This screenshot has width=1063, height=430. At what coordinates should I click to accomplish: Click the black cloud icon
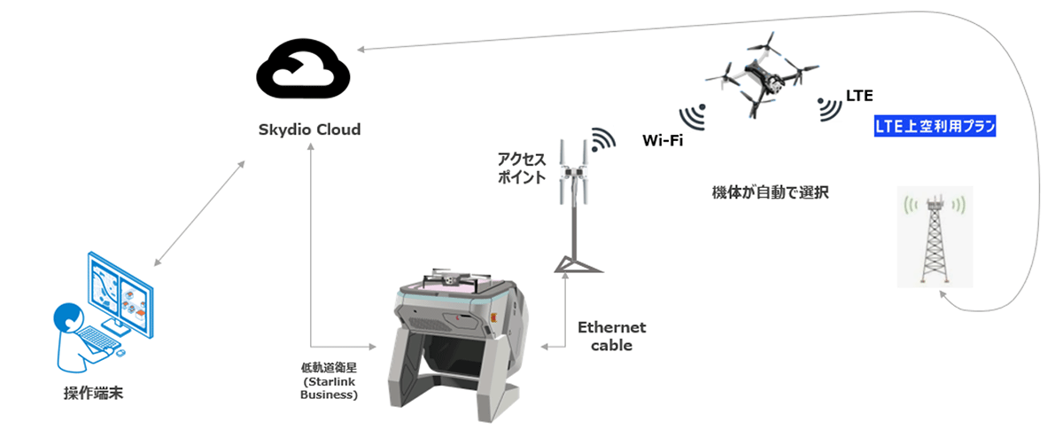303,69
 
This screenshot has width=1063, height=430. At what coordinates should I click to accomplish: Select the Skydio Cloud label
309,129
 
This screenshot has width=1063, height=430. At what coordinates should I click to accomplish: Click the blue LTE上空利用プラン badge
935,126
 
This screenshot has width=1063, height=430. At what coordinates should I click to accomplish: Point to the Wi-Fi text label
663,140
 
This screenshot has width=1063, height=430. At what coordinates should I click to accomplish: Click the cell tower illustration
935,237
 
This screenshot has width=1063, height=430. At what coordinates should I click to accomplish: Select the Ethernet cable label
612,336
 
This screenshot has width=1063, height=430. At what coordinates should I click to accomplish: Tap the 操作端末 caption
94,393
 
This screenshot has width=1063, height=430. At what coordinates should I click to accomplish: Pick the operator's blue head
68,317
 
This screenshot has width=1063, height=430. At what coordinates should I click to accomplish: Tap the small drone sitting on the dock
455,279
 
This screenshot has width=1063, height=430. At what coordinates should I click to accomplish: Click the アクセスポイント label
521,168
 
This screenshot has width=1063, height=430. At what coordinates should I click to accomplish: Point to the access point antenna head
574,171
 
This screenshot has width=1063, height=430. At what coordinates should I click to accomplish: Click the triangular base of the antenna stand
578,266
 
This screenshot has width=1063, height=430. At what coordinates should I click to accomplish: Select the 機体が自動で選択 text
770,192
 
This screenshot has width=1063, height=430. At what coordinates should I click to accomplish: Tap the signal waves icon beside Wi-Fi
694,116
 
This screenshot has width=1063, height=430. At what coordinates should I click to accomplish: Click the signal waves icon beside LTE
828,109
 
